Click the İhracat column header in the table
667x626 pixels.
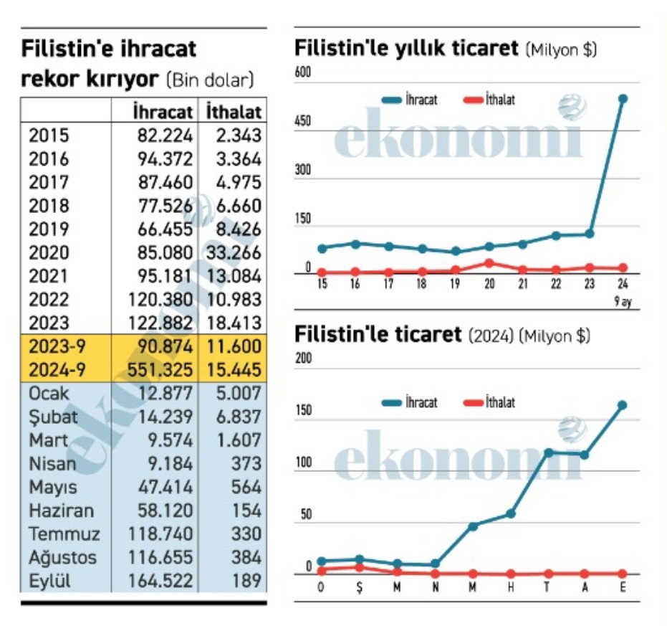click(x=163, y=112)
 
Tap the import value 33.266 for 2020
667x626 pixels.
click(x=233, y=252)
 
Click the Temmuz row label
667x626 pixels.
click(x=64, y=533)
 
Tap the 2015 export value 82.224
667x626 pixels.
click(x=165, y=136)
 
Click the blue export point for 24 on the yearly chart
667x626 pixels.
click(x=623, y=99)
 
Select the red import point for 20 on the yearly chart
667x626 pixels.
click(x=489, y=262)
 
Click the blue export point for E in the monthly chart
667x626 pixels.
click(x=622, y=405)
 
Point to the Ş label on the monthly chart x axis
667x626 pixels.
click(x=359, y=588)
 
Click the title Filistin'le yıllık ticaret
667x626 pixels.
click(x=406, y=49)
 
